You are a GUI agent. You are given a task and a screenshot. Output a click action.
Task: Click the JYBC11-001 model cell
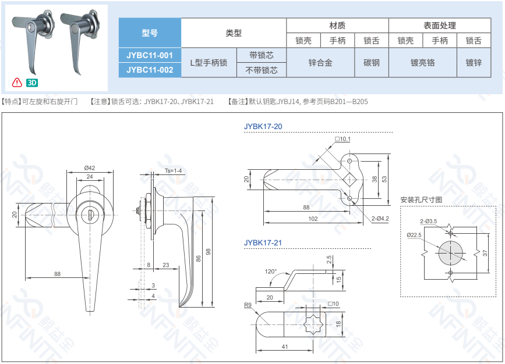(x=150, y=55)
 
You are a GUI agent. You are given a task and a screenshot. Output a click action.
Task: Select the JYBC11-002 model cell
(x=150, y=70)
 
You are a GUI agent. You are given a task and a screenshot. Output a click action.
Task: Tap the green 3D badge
(x=32, y=83)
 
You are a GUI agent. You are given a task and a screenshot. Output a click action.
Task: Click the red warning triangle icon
(x=17, y=83)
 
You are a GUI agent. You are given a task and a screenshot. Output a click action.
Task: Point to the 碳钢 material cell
(x=372, y=63)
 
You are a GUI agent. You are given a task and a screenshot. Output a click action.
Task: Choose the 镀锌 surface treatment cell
(x=474, y=63)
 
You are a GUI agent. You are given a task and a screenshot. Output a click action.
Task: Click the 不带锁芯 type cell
(x=262, y=70)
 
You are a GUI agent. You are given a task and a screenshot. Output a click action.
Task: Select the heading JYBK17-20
(x=263, y=126)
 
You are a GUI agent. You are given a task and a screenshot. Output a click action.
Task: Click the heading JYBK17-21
(x=263, y=243)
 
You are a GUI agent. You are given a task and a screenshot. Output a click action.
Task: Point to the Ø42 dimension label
(x=90, y=168)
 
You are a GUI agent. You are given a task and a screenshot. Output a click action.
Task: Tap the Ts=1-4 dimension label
(x=173, y=171)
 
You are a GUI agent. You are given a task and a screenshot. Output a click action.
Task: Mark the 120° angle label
(x=270, y=272)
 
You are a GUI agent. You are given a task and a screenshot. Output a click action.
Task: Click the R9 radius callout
(x=248, y=305)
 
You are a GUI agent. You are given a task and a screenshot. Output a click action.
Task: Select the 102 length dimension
(x=313, y=219)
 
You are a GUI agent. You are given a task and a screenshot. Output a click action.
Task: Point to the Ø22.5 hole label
(x=414, y=235)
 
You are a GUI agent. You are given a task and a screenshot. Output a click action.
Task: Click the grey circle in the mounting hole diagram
(x=451, y=253)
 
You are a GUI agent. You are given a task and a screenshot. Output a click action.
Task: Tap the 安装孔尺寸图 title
(x=421, y=199)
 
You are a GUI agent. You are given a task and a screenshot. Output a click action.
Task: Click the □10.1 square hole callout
(x=342, y=139)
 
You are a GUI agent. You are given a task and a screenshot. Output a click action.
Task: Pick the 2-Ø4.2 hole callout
(x=380, y=219)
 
